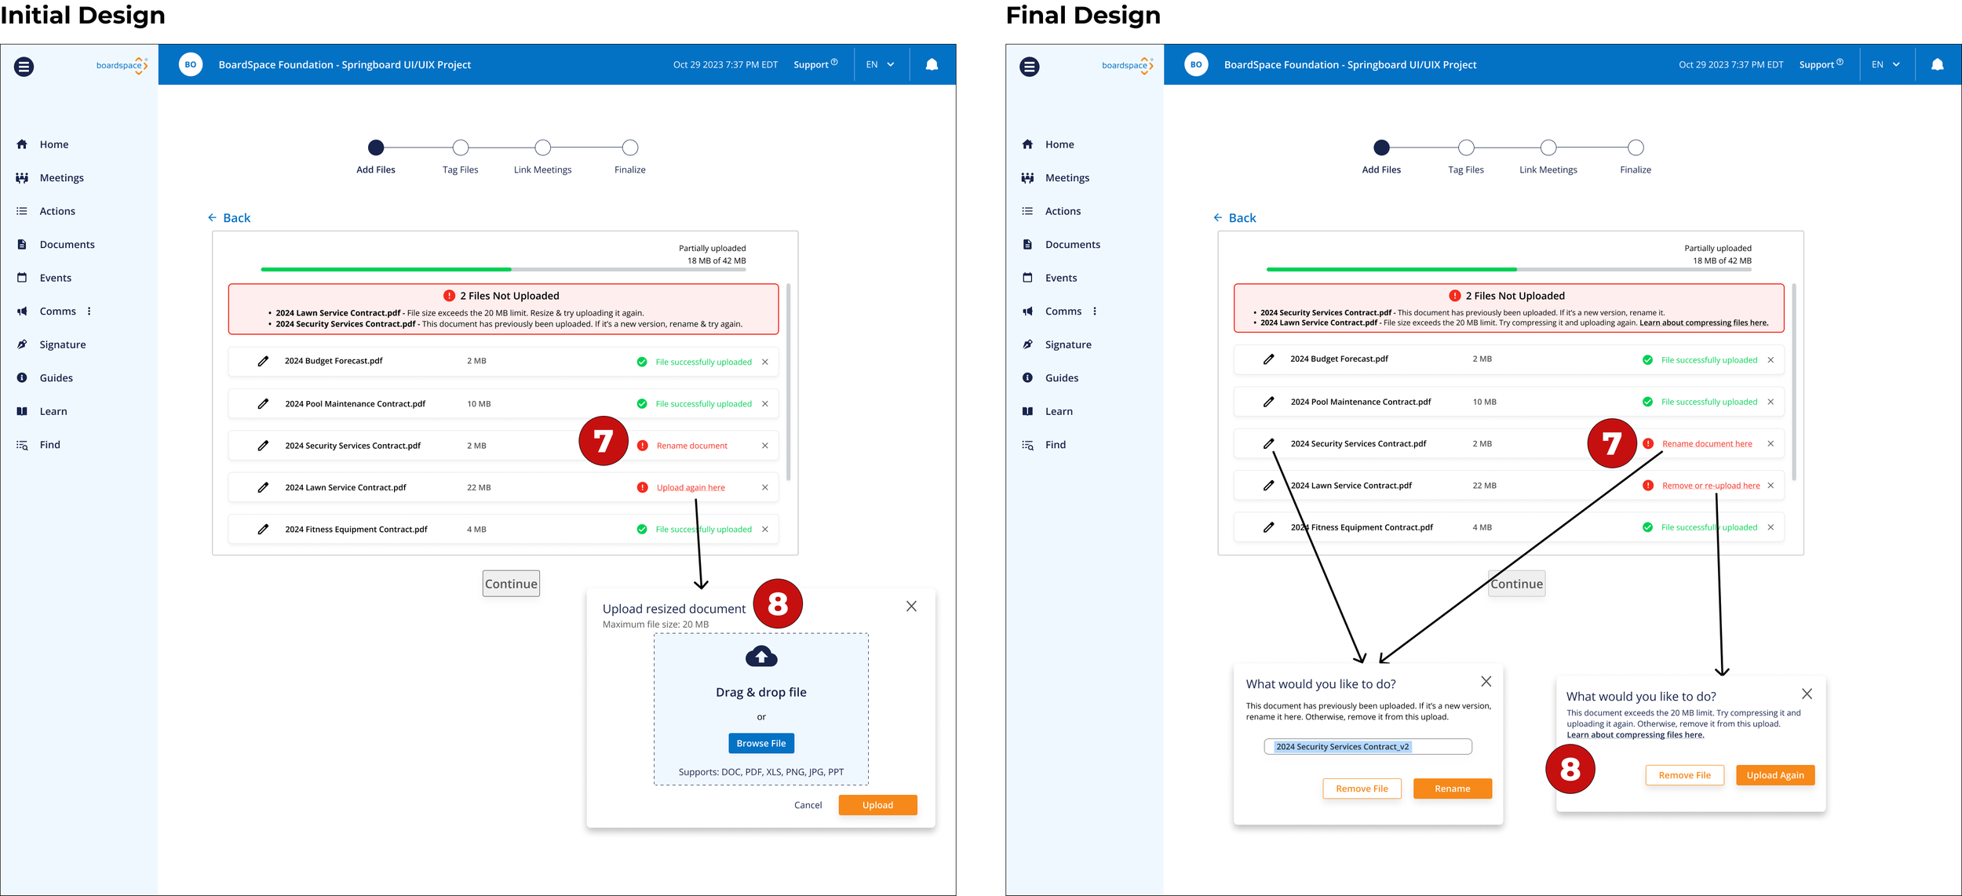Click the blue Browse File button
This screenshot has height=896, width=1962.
pyautogui.click(x=760, y=743)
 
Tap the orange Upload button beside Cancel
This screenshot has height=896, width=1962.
pyautogui.click(x=877, y=805)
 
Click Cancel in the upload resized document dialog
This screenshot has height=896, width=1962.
pyautogui.click(x=808, y=805)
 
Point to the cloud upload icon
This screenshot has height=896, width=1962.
pyautogui.click(x=760, y=657)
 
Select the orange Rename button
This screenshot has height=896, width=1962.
pyautogui.click(x=1452, y=789)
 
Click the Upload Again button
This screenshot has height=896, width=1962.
pyautogui.click(x=1774, y=775)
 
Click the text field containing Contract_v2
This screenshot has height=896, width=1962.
pyautogui.click(x=1367, y=747)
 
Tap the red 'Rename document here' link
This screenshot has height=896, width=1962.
pyautogui.click(x=1706, y=444)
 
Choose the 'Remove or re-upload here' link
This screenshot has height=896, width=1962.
pyautogui.click(x=1710, y=486)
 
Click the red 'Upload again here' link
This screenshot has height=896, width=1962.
pyautogui.click(x=691, y=488)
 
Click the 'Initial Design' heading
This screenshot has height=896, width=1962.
pyautogui.click(x=82, y=15)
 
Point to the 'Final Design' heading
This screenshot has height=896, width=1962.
pyautogui.click(x=1082, y=15)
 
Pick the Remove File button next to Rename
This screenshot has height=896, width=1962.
pyautogui.click(x=1362, y=789)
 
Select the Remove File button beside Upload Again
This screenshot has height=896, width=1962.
pyautogui.click(x=1684, y=775)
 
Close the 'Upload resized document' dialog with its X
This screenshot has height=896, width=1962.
pyautogui.click(x=911, y=606)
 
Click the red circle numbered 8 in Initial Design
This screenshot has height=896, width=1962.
pyautogui.click(x=777, y=603)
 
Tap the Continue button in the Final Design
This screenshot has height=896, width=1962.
pyautogui.click(x=1516, y=584)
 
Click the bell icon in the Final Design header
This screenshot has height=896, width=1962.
pyautogui.click(x=1937, y=64)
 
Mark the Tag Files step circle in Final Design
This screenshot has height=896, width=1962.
pyautogui.click(x=1466, y=148)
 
